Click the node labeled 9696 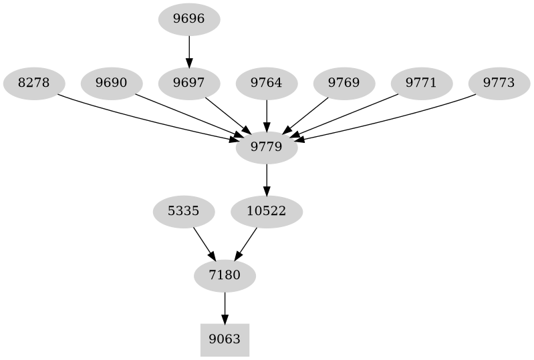tap(189, 19)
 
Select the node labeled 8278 tap(34, 83)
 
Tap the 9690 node tap(112, 83)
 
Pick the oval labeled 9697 tap(189, 83)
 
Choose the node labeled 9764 tap(267, 83)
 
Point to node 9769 tap(344, 83)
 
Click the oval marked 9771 tap(422, 83)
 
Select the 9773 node tap(499, 83)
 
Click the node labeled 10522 tap(267, 212)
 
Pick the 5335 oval tap(184, 212)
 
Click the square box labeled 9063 tap(225, 340)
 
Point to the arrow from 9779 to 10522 tap(267, 180)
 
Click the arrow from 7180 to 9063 tap(225, 308)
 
